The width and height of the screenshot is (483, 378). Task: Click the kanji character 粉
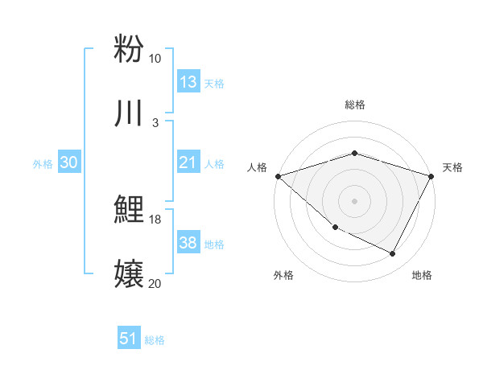pyautogui.click(x=129, y=48)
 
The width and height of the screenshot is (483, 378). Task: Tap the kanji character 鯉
pyautogui.click(x=129, y=211)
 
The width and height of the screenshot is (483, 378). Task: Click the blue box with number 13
pyautogui.click(x=188, y=82)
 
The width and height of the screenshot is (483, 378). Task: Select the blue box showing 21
pyautogui.click(x=188, y=162)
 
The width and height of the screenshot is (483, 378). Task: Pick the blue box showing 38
pyautogui.click(x=188, y=243)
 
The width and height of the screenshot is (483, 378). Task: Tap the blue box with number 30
pyautogui.click(x=69, y=162)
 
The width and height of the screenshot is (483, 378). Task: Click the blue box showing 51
pyautogui.click(x=129, y=339)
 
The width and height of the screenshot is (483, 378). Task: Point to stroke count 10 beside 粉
pyautogui.click(x=155, y=59)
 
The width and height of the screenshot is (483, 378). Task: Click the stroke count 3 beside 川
pyautogui.click(x=155, y=122)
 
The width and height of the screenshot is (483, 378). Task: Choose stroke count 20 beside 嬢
pyautogui.click(x=155, y=283)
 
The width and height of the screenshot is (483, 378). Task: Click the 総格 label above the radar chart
pyautogui.click(x=354, y=105)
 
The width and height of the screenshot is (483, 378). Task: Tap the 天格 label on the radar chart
pyautogui.click(x=452, y=167)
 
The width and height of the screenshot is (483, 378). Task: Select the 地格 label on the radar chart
pyautogui.click(x=422, y=276)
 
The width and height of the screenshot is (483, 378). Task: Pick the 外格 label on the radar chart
pyautogui.click(x=283, y=276)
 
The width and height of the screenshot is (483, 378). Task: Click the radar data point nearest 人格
pyautogui.click(x=277, y=175)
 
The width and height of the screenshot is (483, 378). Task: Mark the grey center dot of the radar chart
pyautogui.click(x=354, y=200)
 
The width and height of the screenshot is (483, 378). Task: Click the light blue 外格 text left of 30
pyautogui.click(x=43, y=163)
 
